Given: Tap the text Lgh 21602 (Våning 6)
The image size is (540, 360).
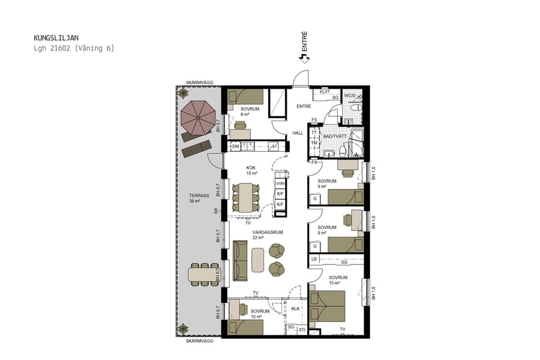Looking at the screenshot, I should (74, 48).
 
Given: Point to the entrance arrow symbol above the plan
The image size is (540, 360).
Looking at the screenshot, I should (304, 58).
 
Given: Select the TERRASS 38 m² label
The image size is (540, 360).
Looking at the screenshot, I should (199, 198).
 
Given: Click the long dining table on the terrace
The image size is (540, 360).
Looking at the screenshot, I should (204, 274).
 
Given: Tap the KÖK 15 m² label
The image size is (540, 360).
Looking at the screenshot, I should (252, 170).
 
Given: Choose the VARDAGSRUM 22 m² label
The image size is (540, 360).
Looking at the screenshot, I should (268, 235).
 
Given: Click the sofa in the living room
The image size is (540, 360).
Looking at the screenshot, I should (240, 260).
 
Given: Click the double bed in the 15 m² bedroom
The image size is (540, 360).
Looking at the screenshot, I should (328, 306).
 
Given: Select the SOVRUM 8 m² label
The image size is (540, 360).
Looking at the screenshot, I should (250, 112).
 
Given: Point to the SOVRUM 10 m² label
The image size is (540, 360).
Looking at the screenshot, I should (260, 313).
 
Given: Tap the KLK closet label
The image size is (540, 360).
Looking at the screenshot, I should (295, 309).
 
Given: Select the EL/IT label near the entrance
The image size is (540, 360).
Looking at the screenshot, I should (325, 91).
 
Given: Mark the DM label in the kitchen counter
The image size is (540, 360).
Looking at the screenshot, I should (236, 146).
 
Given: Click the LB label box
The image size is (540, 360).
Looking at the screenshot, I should (314, 259).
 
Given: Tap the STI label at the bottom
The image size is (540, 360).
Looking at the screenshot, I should (302, 329).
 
